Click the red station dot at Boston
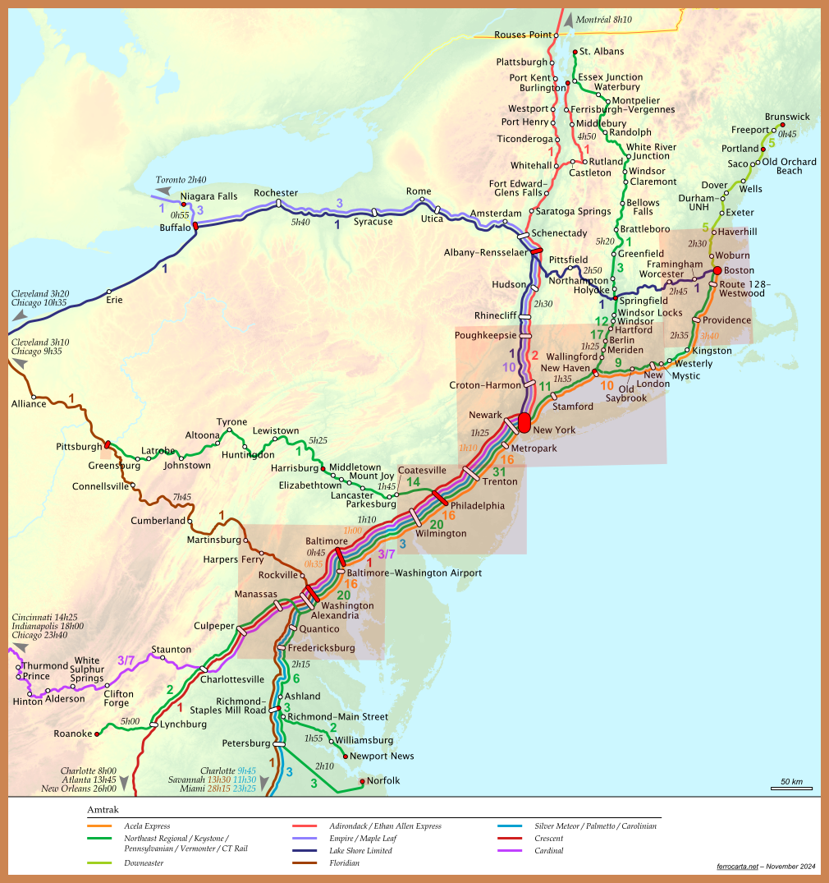717,270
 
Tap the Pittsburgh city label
79,447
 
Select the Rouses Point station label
523,35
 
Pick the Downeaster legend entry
144,863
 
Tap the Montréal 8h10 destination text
604,19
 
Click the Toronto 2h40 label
181,180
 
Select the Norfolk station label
383,780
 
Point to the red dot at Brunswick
782,126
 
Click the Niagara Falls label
209,196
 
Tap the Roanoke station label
72,734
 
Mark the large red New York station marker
524,422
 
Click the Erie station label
114,300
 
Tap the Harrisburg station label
294,467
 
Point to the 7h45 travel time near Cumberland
181,497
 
